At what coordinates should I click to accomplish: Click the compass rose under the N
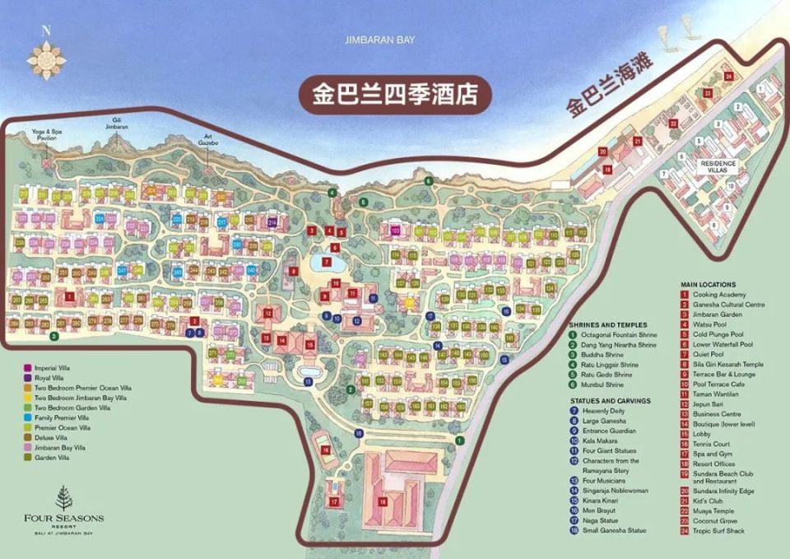[x=46, y=58]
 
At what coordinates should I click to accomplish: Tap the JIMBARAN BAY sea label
[x=382, y=40]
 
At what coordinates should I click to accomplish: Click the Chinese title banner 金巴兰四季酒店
[x=395, y=94]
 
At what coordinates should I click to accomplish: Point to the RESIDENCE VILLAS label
[x=717, y=165]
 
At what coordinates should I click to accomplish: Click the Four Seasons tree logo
[x=63, y=498]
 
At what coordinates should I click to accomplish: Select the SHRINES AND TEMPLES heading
[x=608, y=324]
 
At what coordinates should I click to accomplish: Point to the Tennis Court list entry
[x=713, y=444]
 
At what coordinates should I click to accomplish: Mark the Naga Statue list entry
[x=603, y=519]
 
